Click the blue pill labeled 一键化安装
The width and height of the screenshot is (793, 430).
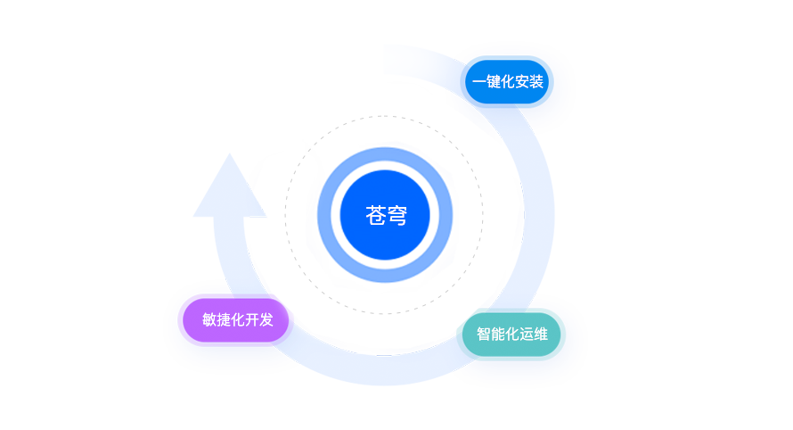click(x=508, y=82)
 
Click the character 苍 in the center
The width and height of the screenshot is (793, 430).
click(x=376, y=215)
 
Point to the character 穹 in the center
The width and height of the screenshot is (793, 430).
click(x=397, y=215)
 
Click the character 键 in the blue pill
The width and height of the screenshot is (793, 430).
click(x=494, y=82)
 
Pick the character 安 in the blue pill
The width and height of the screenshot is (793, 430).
click(x=522, y=82)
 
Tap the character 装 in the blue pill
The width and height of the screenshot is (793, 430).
click(x=536, y=82)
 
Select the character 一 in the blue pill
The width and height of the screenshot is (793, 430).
click(x=479, y=82)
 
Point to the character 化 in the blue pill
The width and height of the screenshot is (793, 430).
click(x=508, y=82)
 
